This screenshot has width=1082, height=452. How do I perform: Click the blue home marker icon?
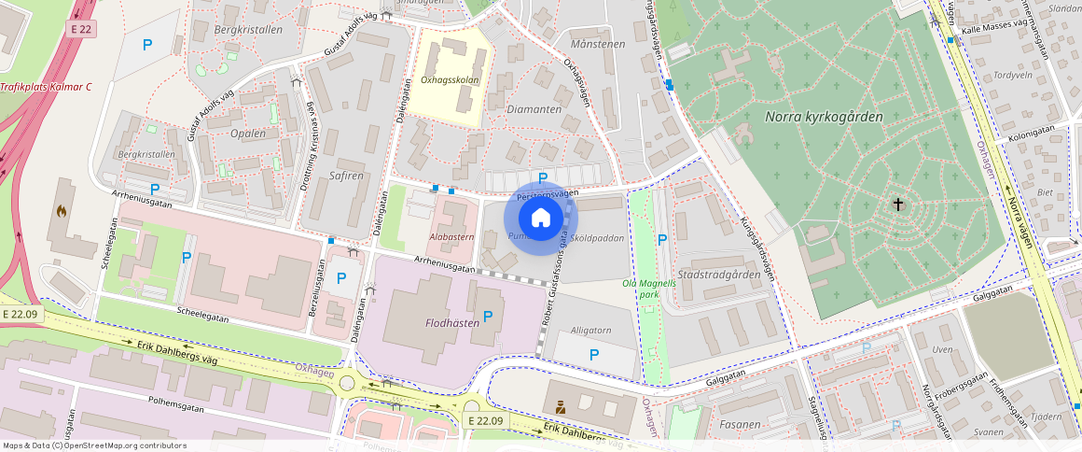541,219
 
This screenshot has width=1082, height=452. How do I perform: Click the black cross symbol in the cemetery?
899,204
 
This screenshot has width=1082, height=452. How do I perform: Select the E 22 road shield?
82,30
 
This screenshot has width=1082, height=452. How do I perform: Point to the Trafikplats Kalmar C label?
46,87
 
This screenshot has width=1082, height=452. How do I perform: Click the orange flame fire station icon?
62,211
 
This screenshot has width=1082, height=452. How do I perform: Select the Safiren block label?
347,176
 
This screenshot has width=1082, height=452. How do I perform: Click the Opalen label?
247,134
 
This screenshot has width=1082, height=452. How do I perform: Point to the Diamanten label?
533,109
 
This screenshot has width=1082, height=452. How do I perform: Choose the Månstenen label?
596,44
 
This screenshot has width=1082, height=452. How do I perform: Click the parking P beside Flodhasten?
487,316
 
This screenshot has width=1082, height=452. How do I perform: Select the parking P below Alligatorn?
593,354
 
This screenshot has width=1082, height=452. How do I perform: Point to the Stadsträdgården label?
718,275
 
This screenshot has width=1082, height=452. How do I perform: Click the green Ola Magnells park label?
643,288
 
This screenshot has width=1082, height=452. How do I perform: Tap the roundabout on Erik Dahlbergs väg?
349,381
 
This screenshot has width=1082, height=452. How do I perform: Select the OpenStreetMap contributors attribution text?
94,445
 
